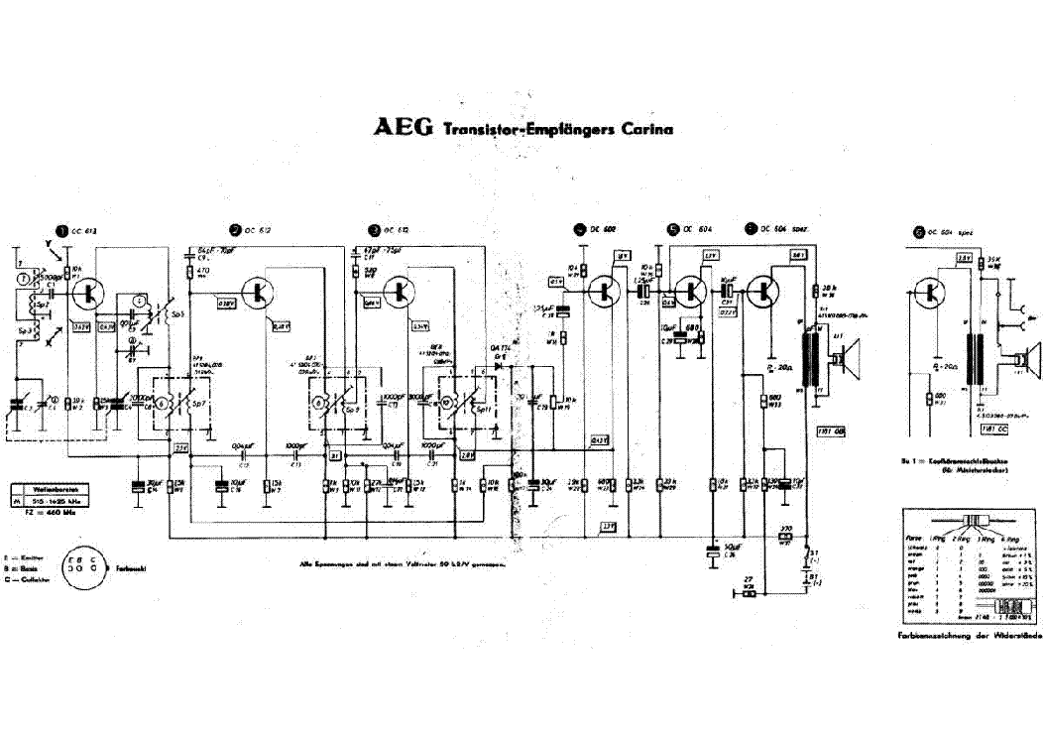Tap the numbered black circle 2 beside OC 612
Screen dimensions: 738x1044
235,229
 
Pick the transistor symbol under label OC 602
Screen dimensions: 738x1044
604,291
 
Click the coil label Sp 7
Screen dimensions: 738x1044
196,407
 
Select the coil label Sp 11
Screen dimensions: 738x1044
476,407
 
